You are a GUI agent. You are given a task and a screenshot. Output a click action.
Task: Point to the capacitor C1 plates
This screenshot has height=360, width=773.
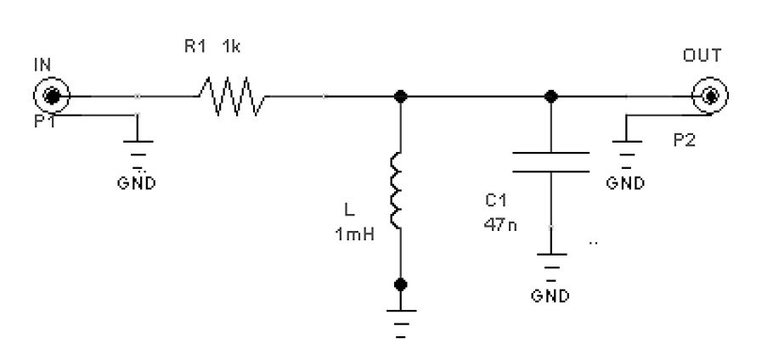pos(551,161)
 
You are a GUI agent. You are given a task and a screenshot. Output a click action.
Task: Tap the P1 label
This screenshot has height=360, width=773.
pos(45,123)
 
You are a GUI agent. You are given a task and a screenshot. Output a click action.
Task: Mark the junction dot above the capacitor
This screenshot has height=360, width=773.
pos(551,95)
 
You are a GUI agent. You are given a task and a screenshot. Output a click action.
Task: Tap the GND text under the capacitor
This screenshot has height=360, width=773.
pos(551,296)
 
